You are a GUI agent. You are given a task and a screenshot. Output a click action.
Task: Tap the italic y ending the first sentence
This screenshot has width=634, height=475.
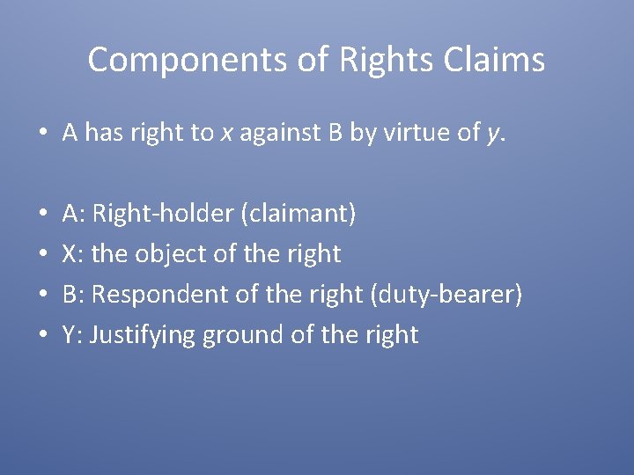[x=492, y=134]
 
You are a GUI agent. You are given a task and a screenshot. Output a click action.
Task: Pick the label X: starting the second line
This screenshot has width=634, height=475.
[x=73, y=253]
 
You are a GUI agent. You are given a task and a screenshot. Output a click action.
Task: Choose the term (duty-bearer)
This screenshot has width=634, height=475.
[x=446, y=294]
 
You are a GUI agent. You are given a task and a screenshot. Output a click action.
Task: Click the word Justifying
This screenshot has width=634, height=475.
[x=143, y=335]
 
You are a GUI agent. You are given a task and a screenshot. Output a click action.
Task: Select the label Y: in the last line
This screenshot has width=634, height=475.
[x=72, y=335]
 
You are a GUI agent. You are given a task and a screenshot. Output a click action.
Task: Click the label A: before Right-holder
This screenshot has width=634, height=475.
[x=74, y=213]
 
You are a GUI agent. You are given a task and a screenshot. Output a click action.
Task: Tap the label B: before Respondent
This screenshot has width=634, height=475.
[x=73, y=294]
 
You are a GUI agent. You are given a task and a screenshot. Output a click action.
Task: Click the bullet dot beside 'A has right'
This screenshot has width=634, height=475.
[x=43, y=134]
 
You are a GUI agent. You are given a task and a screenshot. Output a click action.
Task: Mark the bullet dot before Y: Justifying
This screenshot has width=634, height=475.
[x=43, y=335]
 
